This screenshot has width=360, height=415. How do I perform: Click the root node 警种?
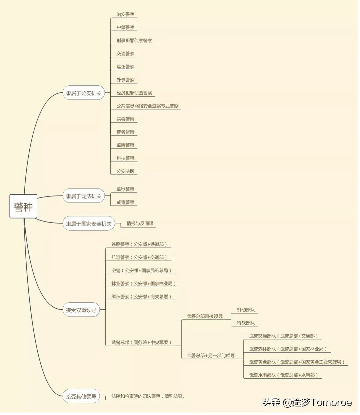[23, 206]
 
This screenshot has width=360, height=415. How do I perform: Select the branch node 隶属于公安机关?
[84, 93]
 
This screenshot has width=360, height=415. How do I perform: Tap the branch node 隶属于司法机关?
[84, 196]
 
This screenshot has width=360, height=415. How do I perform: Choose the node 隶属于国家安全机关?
[89, 224]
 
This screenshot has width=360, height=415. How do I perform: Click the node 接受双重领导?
[81, 310]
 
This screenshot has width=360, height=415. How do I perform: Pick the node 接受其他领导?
[81, 397]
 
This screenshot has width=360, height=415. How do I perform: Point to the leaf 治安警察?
[125, 15]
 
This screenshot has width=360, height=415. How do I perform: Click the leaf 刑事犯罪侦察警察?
[134, 41]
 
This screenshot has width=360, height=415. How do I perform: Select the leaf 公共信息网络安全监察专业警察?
[147, 106]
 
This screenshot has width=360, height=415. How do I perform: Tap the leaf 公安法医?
[125, 171]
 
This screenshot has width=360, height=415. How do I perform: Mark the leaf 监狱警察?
[125, 189]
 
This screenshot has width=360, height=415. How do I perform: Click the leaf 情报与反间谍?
[140, 224]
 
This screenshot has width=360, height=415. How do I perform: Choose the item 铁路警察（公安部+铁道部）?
[139, 245]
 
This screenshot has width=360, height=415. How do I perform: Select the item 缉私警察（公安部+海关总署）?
[141, 297]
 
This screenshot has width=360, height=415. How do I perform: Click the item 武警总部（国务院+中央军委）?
[142, 342]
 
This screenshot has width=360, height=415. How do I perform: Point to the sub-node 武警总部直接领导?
[205, 316]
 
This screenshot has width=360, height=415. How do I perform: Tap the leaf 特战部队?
[246, 323]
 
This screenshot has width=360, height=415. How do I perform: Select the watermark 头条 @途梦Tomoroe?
[307, 402]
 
